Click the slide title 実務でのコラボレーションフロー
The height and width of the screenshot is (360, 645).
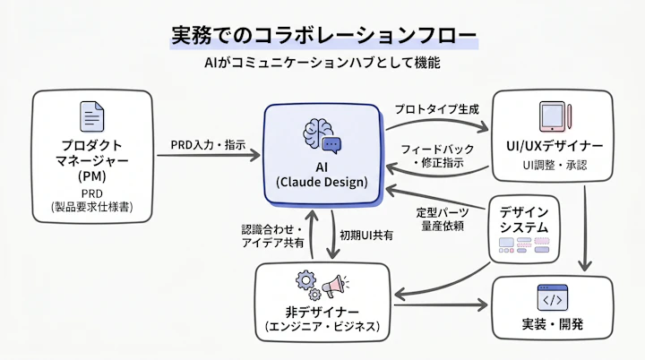click(322, 36)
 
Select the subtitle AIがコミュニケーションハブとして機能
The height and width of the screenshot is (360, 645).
click(322, 66)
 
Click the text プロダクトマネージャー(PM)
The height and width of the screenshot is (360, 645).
click(92, 159)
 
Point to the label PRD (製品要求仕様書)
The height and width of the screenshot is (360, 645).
click(92, 201)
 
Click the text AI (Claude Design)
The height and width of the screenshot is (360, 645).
click(322, 175)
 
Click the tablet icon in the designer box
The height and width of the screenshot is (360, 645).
click(551, 116)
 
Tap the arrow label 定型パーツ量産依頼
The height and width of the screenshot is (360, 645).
click(443, 220)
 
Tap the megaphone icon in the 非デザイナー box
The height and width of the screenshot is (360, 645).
click(335, 286)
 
